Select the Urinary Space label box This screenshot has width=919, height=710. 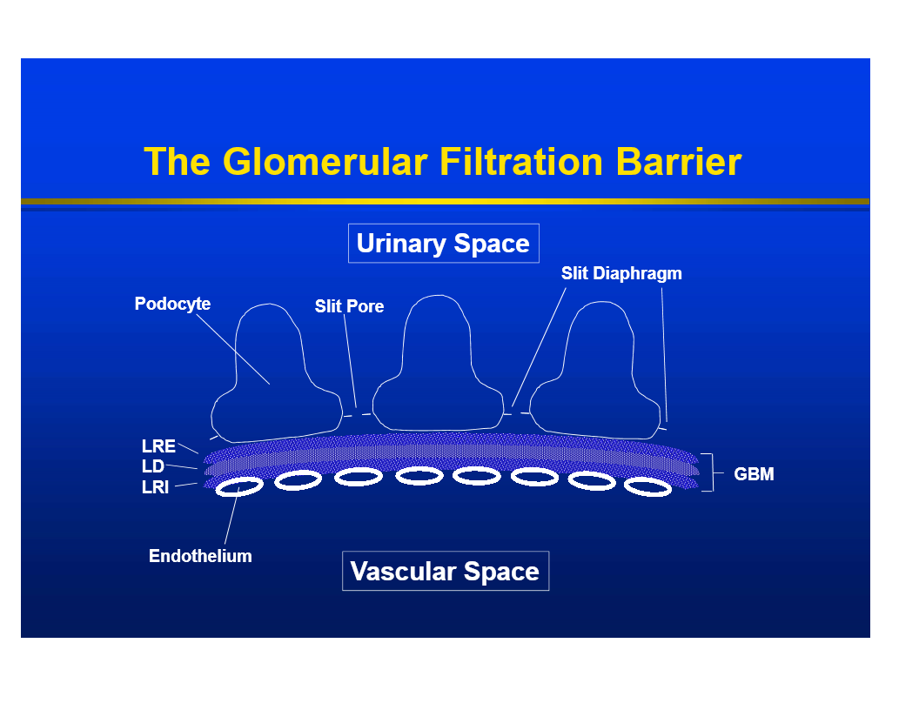click(x=443, y=244)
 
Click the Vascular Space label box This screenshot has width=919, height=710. click(x=445, y=572)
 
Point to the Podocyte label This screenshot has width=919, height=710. click(x=172, y=305)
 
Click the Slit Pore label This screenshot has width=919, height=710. click(x=349, y=306)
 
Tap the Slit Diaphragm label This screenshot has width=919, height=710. click(x=621, y=273)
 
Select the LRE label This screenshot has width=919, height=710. click(x=158, y=446)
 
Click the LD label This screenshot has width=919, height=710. click(x=152, y=467)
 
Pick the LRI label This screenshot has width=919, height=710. click(x=155, y=487)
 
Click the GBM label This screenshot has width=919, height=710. click(x=754, y=474)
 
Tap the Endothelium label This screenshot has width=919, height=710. click(x=200, y=556)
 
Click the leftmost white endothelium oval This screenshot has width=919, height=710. click(x=239, y=486)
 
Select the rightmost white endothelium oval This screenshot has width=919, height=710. click(x=648, y=487)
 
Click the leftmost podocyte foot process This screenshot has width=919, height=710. click(x=272, y=374)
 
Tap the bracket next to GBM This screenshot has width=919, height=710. click(x=709, y=473)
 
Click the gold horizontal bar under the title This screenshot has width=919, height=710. click(x=445, y=202)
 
